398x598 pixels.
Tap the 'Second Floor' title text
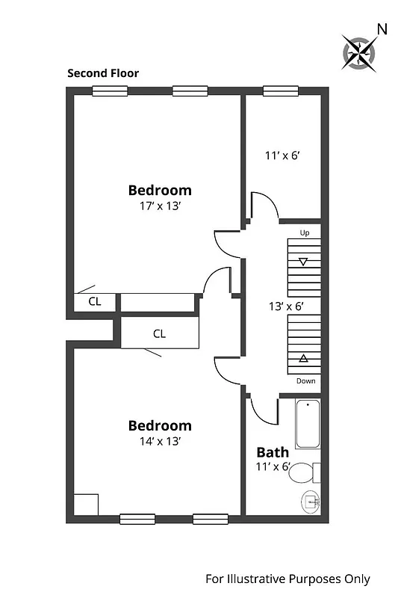pos(103,73)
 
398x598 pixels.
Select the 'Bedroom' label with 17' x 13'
pos(160,190)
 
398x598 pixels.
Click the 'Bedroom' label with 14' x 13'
pos(160,425)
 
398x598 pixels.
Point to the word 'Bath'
pos(273,452)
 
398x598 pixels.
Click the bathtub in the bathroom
pos(308,426)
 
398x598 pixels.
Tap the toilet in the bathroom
pos(303,473)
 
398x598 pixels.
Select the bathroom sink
pos(311,501)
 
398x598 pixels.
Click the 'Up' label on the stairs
pos(304,233)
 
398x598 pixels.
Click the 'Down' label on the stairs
pos(305,380)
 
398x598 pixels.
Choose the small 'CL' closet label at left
pos(95,302)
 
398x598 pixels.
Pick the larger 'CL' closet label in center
pos(159,333)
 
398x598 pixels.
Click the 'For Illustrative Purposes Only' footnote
pos(287,579)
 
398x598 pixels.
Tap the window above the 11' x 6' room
pos(280,91)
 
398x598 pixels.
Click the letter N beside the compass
pos(382,29)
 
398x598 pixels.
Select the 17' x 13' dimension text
pos(160,206)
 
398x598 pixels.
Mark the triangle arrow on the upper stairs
pos(303,262)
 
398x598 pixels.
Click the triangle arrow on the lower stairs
pos(303,359)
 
